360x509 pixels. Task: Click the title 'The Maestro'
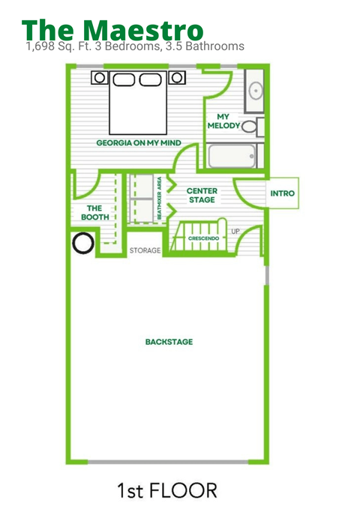coord(112,30)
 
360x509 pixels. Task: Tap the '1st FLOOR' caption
coord(167,490)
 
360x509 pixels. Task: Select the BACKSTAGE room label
coord(169,342)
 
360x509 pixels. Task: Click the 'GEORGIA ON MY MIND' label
coord(139,143)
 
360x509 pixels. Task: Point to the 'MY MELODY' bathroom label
coord(223,121)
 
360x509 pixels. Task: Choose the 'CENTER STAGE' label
coord(202,195)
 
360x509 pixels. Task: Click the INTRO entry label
coord(282,193)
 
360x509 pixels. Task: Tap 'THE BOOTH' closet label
coord(94,213)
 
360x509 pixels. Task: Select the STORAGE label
coord(145,250)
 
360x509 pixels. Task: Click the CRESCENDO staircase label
coord(203,238)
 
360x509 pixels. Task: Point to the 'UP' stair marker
coord(235,232)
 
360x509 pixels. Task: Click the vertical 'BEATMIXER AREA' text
coord(159,198)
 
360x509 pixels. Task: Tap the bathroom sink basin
coord(256,91)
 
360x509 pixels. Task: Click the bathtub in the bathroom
coord(232,156)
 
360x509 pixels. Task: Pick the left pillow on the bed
coord(124,79)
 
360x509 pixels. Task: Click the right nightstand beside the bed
coord(177,77)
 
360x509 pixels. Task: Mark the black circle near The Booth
coord(83,243)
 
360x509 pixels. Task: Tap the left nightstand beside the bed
coord(100,77)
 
